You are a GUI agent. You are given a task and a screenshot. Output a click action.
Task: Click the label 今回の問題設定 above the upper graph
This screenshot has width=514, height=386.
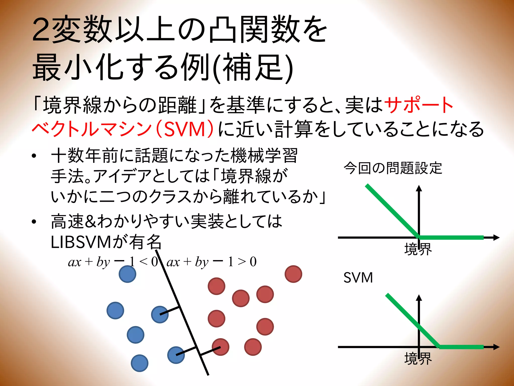[x=393, y=168]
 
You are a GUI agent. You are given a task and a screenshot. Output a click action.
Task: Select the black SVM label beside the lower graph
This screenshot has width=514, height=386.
[x=358, y=278]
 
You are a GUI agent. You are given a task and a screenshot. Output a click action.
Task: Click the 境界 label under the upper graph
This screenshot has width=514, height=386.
[x=418, y=249]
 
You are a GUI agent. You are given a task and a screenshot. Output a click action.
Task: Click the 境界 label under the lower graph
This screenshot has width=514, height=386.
[x=418, y=359]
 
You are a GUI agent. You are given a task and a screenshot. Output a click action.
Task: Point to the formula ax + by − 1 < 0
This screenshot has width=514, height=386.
[x=113, y=262]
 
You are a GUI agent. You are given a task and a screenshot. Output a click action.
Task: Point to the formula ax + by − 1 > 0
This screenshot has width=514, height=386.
[x=212, y=262]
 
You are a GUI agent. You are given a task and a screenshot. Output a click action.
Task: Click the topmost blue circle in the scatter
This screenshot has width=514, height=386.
[x=127, y=274]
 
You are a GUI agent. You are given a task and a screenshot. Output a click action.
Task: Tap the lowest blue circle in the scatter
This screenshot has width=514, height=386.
[x=140, y=363]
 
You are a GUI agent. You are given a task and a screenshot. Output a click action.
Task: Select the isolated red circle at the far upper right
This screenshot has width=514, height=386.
[x=293, y=274]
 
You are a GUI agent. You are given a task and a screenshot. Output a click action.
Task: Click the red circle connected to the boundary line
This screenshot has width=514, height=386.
[x=221, y=347]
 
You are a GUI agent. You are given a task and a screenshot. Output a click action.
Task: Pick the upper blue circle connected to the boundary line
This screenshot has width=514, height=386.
[x=160, y=314]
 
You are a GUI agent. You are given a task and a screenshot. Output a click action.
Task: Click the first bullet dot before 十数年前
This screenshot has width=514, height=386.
[x=34, y=156]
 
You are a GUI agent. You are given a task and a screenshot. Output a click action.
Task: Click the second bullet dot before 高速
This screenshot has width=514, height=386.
[x=34, y=222]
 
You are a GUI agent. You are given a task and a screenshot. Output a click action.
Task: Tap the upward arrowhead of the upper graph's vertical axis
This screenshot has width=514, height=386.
[x=419, y=188]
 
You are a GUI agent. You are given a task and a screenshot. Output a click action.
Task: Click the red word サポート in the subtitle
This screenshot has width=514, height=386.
[x=419, y=105]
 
